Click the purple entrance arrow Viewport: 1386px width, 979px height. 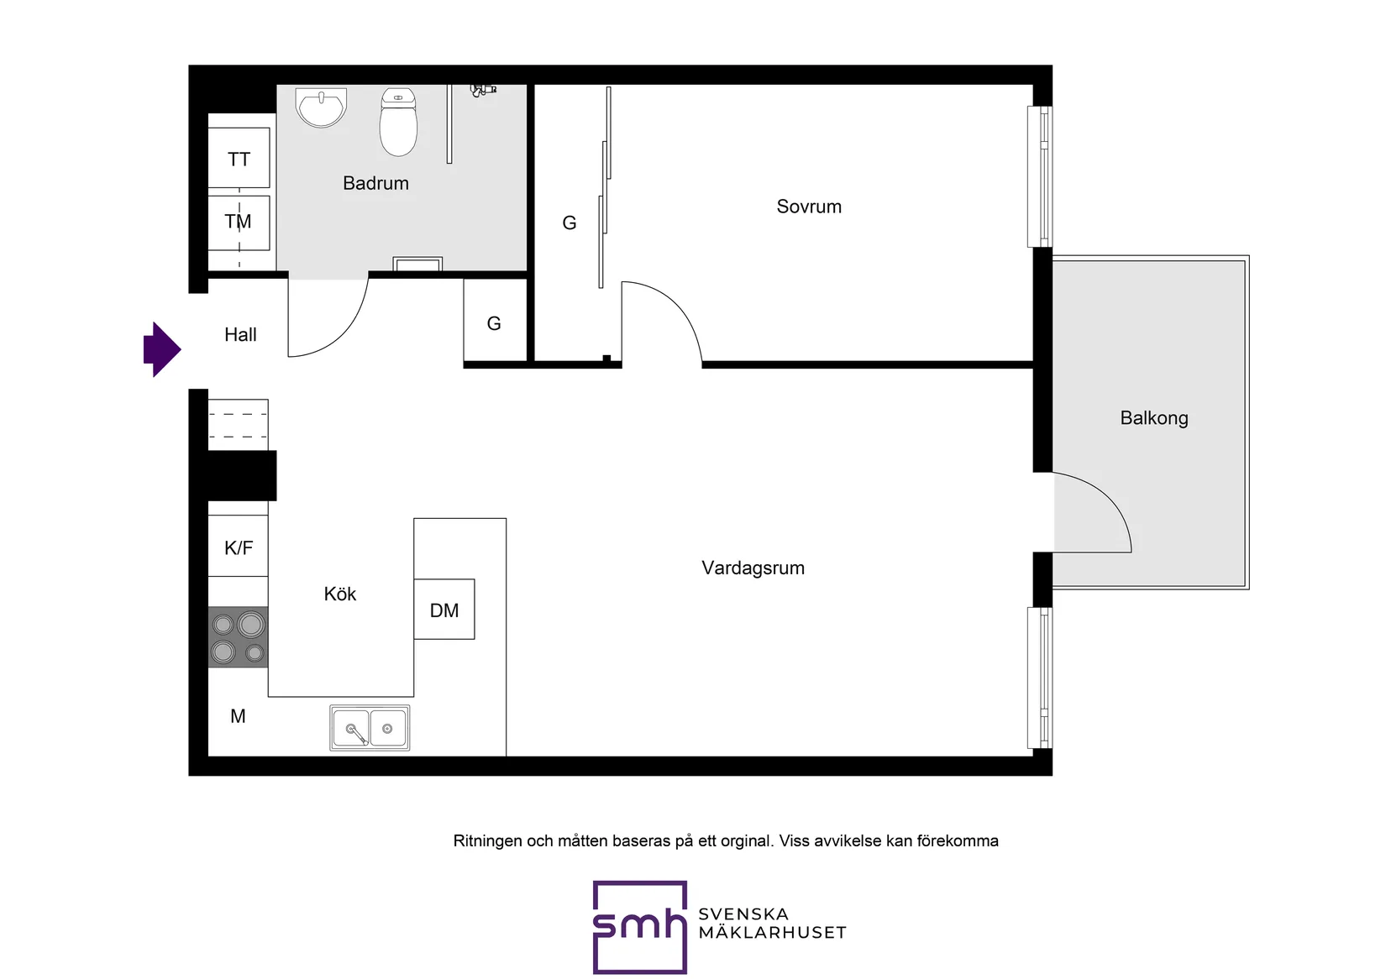pyautogui.click(x=162, y=349)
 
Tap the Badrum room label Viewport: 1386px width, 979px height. pyautogui.click(x=375, y=183)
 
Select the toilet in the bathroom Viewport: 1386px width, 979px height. pyautogui.click(x=398, y=122)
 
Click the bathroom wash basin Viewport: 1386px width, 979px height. pyautogui.click(x=321, y=107)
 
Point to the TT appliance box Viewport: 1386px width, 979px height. pyautogui.click(x=239, y=158)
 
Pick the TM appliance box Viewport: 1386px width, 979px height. pyautogui.click(x=239, y=222)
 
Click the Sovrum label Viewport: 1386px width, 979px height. pyautogui.click(x=809, y=207)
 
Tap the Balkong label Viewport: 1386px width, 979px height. pyautogui.click(x=1154, y=418)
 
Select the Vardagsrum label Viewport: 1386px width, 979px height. pyautogui.click(x=753, y=568)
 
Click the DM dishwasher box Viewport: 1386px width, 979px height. pyautogui.click(x=444, y=610)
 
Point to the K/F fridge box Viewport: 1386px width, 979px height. pyautogui.click(x=239, y=546)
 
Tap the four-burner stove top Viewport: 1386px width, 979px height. pyautogui.click(x=239, y=637)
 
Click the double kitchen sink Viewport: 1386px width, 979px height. pyautogui.click(x=370, y=728)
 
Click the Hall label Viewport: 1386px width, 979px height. pyautogui.click(x=240, y=334)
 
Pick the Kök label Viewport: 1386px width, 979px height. pyautogui.click(x=339, y=594)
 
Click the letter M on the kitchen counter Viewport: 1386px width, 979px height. pyautogui.click(x=238, y=716)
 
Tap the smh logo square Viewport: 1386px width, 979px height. pyautogui.click(x=640, y=927)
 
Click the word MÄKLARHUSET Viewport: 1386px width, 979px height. pyautogui.click(x=772, y=933)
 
